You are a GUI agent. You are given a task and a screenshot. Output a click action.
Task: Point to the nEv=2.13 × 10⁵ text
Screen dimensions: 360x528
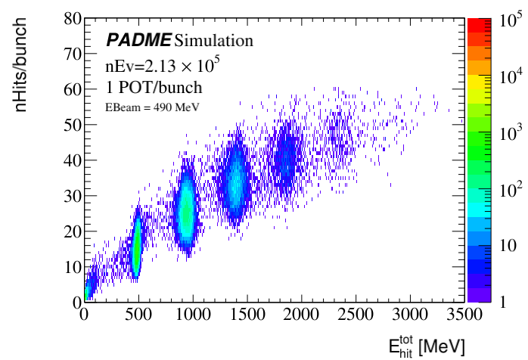pos(163,65)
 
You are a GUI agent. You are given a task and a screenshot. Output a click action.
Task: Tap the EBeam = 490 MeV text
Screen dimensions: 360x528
pos(153,107)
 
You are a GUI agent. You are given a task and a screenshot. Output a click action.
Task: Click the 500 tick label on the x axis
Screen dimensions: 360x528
pos(138,314)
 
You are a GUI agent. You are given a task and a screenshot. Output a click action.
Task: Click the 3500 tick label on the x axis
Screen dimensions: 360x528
pos(461,314)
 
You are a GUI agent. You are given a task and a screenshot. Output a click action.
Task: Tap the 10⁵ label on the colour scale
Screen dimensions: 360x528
pos(506,21)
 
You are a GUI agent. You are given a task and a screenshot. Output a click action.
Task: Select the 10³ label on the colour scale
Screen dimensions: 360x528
pos(506,131)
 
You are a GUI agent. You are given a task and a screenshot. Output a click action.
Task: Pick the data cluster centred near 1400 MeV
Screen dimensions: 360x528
pos(235,185)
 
